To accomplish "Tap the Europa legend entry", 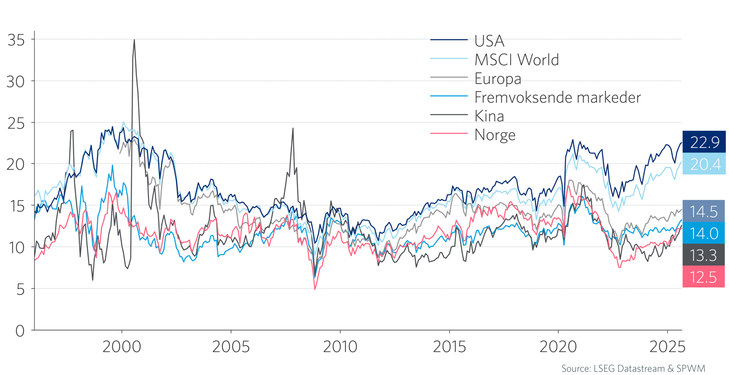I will [x=498, y=79].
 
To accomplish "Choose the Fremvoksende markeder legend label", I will [x=557, y=97].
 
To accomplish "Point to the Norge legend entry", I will [x=495, y=135].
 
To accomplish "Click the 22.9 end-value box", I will [x=704, y=142].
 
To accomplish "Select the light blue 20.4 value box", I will [x=704, y=164].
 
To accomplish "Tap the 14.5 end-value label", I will [x=704, y=211].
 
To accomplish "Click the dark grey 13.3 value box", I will [x=704, y=255].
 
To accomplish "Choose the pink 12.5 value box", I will [x=704, y=277].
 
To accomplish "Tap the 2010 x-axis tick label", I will [x=340, y=347].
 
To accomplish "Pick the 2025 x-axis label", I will [x=667, y=347].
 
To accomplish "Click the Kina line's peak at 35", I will [x=134, y=40].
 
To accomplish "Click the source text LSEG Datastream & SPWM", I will [x=633, y=368].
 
